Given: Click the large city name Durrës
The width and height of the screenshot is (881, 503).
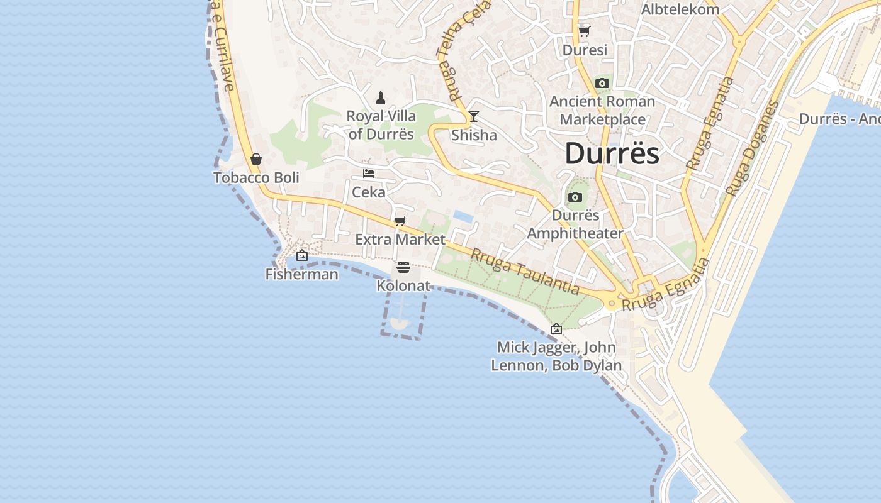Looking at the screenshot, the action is pyautogui.click(x=612, y=154).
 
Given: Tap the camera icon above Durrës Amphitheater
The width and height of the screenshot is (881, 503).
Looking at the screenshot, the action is pyautogui.click(x=575, y=197).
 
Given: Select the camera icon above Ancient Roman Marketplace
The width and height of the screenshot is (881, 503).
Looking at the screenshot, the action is pyautogui.click(x=602, y=83).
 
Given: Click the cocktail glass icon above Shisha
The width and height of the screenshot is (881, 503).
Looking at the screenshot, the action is pyautogui.click(x=474, y=116).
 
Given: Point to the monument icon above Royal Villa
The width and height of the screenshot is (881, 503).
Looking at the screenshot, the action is pyautogui.click(x=381, y=97).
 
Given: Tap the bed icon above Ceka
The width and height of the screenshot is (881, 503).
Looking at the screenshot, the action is pyautogui.click(x=369, y=174).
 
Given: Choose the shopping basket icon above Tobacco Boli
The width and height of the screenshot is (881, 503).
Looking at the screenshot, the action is pyautogui.click(x=256, y=159).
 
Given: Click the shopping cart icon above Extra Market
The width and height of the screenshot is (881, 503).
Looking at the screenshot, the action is pyautogui.click(x=400, y=221).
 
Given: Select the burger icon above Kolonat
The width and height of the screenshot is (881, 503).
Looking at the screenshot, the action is pyautogui.click(x=403, y=267).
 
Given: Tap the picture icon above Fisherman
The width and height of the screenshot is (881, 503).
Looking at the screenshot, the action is pyautogui.click(x=302, y=255).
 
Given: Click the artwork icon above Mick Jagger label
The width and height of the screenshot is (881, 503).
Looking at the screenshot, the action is pyautogui.click(x=556, y=329).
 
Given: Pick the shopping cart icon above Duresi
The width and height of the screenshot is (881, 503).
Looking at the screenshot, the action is pyautogui.click(x=585, y=31).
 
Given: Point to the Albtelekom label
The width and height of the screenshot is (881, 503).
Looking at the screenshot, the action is pyautogui.click(x=680, y=9).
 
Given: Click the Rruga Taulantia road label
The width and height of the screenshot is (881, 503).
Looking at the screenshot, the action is pyautogui.click(x=525, y=272).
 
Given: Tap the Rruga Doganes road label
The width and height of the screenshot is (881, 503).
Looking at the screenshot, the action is pyautogui.click(x=752, y=148).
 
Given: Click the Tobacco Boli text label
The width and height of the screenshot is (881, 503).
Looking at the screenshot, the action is pyautogui.click(x=256, y=178).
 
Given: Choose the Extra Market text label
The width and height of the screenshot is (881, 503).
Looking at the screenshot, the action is pyautogui.click(x=400, y=240).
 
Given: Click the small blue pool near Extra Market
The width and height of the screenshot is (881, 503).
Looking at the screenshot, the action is pyautogui.click(x=463, y=217).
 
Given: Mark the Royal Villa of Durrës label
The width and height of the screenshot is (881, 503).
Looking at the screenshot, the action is pyautogui.click(x=381, y=125).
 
